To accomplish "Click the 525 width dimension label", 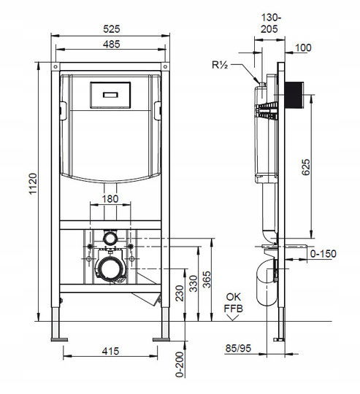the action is pos(112,29).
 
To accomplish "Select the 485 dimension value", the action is pos(112,45).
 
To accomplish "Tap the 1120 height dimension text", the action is pos(33,183).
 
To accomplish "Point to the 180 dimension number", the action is pos(110,198).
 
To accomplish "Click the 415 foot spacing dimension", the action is pos(110,351).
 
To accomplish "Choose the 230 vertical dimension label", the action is pos(179,293).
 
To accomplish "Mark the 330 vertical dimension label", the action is pos(194,284).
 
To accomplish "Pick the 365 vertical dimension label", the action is pos(207,279).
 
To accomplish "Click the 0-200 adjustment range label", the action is pos(180,364).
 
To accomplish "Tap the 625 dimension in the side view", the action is pos(306,167).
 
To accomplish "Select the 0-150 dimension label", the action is pos(323,253).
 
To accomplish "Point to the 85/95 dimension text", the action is pos(238,348).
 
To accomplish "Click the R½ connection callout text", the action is pos(220,65).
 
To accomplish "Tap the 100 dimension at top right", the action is pos(303,47).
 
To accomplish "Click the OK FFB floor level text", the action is pos(233,303).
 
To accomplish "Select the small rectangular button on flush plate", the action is pos(110,95).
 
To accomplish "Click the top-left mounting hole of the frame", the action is pos(55,66).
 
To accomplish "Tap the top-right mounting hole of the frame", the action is pos(165,66).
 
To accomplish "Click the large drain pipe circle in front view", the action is pos(110,269).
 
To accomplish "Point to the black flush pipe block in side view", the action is pos(294,95).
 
